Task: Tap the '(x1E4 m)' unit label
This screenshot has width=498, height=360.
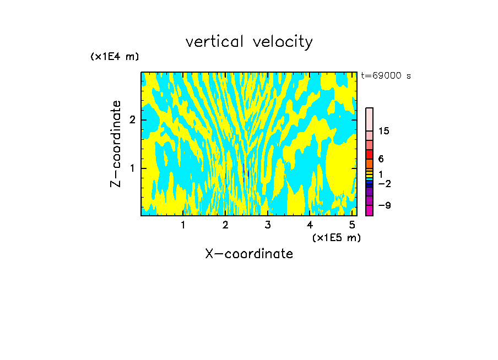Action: [x=115, y=57]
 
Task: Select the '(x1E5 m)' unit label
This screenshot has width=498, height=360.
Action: [x=336, y=237]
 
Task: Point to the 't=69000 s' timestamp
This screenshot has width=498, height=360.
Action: [x=386, y=76]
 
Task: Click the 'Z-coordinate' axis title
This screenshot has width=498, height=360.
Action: [x=116, y=144]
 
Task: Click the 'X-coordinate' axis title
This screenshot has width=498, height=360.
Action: [x=249, y=254]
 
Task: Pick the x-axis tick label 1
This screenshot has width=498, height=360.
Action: [x=183, y=225]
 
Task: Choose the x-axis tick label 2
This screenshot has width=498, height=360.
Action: [x=225, y=225]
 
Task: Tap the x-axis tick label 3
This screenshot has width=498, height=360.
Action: [x=267, y=225]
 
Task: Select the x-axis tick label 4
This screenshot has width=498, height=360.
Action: [x=310, y=225]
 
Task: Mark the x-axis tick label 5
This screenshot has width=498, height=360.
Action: [x=352, y=225]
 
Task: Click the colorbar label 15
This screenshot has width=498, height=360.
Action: [x=384, y=131]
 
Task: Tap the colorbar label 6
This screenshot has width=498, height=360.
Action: [x=381, y=159]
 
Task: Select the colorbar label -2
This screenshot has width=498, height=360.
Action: [x=383, y=183]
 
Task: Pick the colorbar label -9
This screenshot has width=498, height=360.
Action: [x=383, y=205]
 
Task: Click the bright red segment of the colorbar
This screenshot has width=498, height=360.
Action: [x=369, y=154]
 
